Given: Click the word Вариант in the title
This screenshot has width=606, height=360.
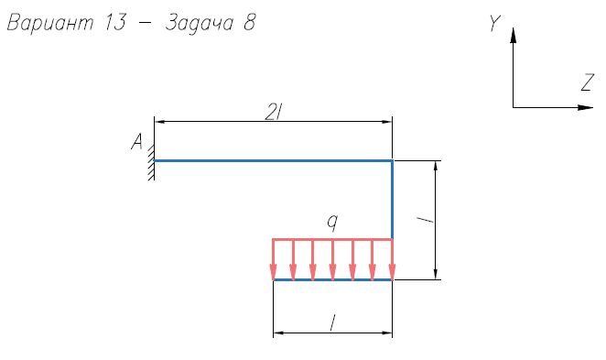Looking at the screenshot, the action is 50,23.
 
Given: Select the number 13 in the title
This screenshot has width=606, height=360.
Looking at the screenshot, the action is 115,22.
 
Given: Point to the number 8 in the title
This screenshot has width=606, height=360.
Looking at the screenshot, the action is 250,22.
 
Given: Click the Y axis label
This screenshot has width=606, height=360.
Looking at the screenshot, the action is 494,23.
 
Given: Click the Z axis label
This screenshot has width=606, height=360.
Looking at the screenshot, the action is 588,82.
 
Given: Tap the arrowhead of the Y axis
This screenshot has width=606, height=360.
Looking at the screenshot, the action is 513,35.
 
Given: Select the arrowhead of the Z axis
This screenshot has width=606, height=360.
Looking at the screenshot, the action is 585,107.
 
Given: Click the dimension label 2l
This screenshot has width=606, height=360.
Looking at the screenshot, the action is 273,113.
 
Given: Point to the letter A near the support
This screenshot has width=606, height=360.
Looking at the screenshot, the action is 136,141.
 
